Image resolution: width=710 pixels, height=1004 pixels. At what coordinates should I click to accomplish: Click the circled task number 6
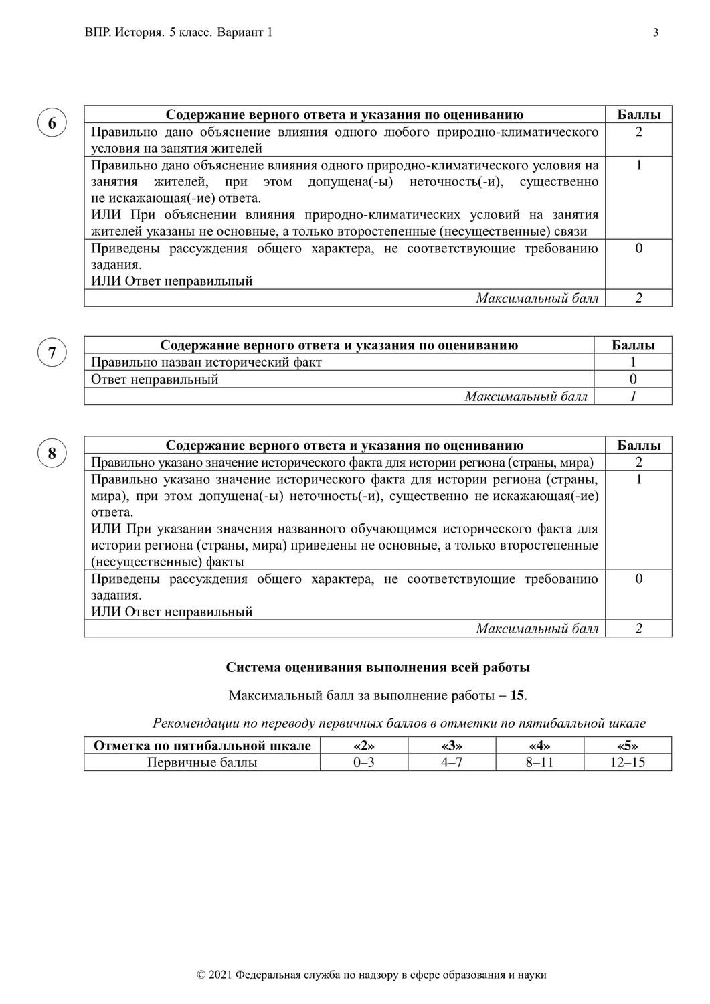click(x=52, y=123)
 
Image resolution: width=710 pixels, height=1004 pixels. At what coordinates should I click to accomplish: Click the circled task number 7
click(x=52, y=353)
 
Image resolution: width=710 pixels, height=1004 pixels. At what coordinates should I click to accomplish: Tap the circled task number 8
click(x=52, y=454)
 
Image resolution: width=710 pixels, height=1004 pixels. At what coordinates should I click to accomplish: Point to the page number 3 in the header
click(x=655, y=33)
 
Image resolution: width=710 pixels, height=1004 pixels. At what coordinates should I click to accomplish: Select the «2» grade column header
click(x=363, y=746)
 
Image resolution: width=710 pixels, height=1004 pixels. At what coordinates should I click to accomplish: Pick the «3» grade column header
click(x=452, y=746)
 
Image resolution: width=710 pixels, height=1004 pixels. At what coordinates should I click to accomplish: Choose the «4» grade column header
click(x=539, y=746)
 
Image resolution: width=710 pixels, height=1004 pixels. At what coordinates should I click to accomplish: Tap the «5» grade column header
click(x=627, y=746)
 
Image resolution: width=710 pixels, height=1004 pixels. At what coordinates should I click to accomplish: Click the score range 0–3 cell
click(x=363, y=762)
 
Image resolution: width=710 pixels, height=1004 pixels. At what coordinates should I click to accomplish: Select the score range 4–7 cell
click(x=452, y=762)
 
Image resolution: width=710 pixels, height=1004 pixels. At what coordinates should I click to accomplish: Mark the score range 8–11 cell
click(x=539, y=762)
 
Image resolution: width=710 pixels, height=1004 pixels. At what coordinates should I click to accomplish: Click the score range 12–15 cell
click(x=627, y=762)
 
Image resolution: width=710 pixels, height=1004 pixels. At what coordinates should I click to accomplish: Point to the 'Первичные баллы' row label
click(x=202, y=762)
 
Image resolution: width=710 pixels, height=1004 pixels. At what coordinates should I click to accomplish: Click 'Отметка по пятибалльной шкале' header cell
click(x=202, y=746)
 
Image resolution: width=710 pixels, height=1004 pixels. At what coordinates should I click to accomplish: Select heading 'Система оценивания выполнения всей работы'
click(x=378, y=667)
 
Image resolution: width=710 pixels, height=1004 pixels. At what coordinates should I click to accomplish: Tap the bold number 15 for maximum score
click(x=517, y=695)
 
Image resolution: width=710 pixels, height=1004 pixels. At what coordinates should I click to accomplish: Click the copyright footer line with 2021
click(x=372, y=975)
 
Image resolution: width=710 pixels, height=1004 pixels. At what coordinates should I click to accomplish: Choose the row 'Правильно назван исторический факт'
click(x=206, y=363)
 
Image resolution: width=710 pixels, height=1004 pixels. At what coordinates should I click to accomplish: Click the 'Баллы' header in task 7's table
click(x=633, y=345)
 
